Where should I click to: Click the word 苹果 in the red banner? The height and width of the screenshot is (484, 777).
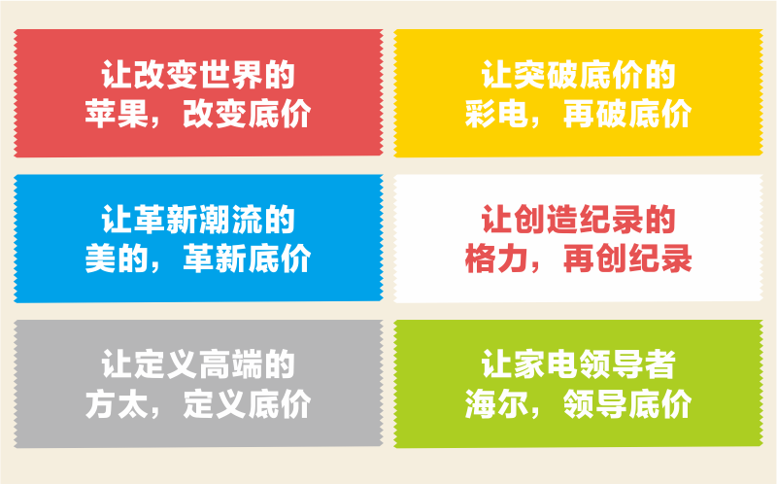pyautogui.click(x=117, y=114)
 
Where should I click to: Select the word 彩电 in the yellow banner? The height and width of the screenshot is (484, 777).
pyautogui.click(x=497, y=114)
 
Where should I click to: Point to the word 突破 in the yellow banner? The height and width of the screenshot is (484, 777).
pyautogui.click(x=546, y=75)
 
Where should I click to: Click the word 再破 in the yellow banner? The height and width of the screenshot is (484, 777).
pyautogui.click(x=594, y=114)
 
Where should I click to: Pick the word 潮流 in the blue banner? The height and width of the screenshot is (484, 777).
pyautogui.click(x=230, y=220)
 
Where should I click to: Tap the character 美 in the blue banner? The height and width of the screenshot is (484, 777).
pyautogui.click(x=101, y=259)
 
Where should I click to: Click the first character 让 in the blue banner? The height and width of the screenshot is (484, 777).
pyautogui.click(x=117, y=220)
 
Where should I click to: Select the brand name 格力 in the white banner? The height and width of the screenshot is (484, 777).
pyautogui.click(x=497, y=259)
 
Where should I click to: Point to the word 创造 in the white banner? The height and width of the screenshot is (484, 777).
pyautogui.click(x=546, y=220)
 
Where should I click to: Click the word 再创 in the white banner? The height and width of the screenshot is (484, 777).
pyautogui.click(x=594, y=259)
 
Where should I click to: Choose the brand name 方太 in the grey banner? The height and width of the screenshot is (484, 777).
pyautogui.click(x=117, y=404)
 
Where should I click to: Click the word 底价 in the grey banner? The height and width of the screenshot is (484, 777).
pyautogui.click(x=279, y=404)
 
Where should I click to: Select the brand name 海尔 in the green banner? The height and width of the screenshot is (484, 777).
pyautogui.click(x=497, y=404)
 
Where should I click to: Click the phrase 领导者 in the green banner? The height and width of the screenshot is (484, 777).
pyautogui.click(x=626, y=365)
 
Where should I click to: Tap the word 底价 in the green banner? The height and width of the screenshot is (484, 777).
pyautogui.click(x=659, y=404)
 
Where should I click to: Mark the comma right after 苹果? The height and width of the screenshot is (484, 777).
pyautogui.click(x=155, y=122)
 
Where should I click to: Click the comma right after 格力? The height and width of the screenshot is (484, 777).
pyautogui.click(x=536, y=267)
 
